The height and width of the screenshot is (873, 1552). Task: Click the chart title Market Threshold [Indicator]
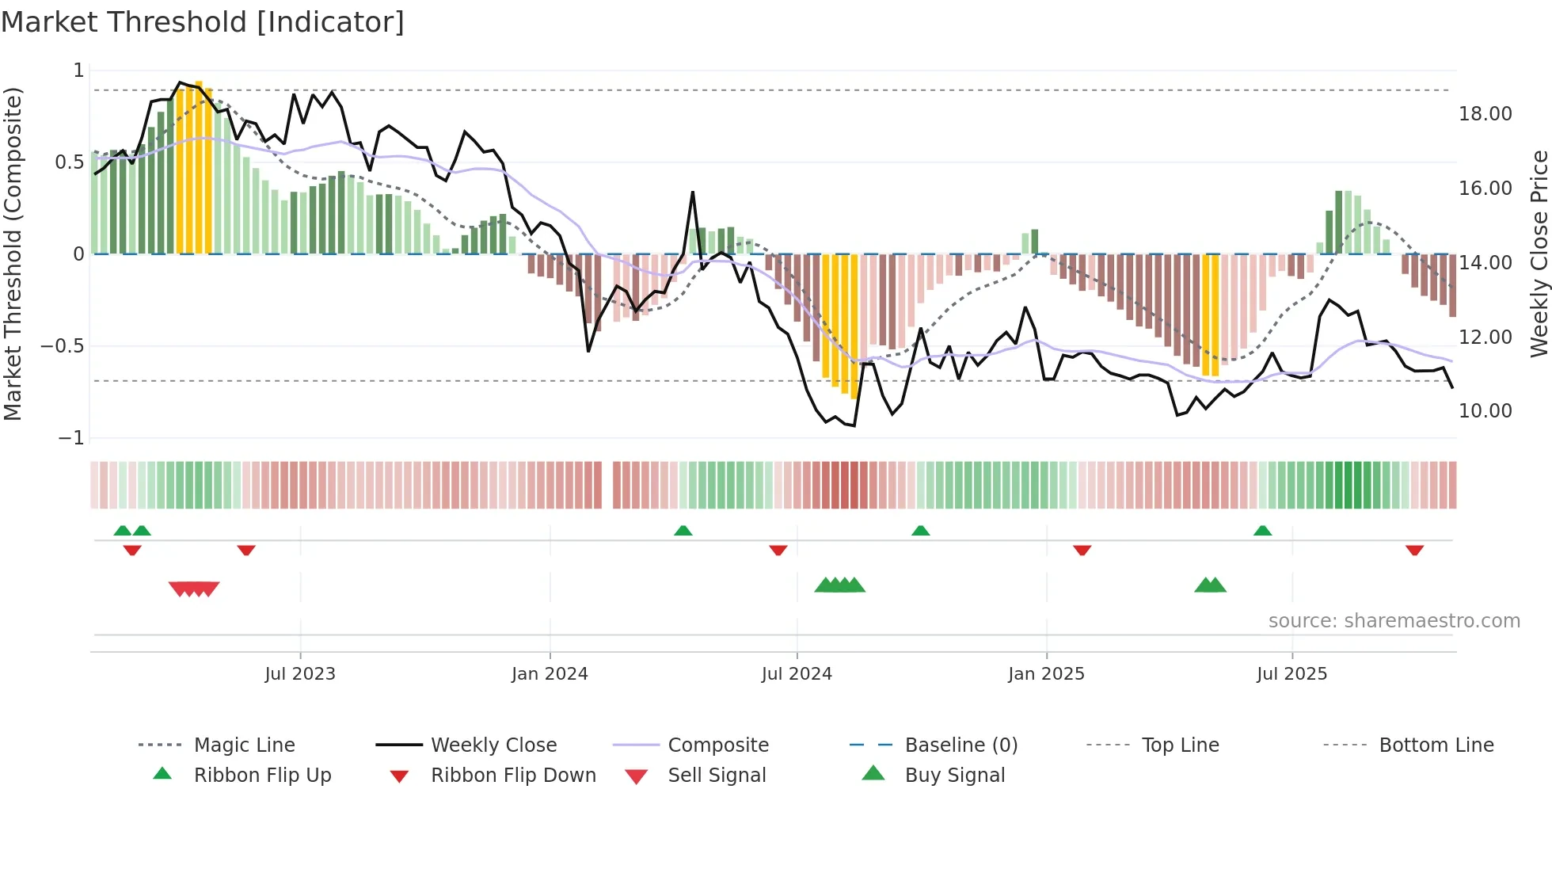click(x=203, y=22)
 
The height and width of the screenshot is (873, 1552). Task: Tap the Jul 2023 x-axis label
click(x=300, y=674)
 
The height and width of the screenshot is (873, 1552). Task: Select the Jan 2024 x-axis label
click(x=550, y=674)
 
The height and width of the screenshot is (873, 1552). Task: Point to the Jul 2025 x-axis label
click(x=1291, y=674)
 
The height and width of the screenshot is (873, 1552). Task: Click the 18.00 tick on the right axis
click(x=1485, y=114)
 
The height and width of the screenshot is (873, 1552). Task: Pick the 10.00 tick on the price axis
click(x=1485, y=411)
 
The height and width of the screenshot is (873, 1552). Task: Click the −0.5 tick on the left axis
click(x=62, y=346)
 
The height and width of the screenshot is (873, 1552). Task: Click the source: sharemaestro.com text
click(x=1394, y=621)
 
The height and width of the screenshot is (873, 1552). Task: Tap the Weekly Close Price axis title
click(x=1539, y=254)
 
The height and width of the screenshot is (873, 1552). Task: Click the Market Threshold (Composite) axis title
click(x=13, y=254)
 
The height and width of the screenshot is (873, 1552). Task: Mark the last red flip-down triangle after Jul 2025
click(x=1414, y=550)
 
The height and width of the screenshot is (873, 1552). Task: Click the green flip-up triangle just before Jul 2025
click(x=1262, y=531)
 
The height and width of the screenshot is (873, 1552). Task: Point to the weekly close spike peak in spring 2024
click(x=692, y=193)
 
